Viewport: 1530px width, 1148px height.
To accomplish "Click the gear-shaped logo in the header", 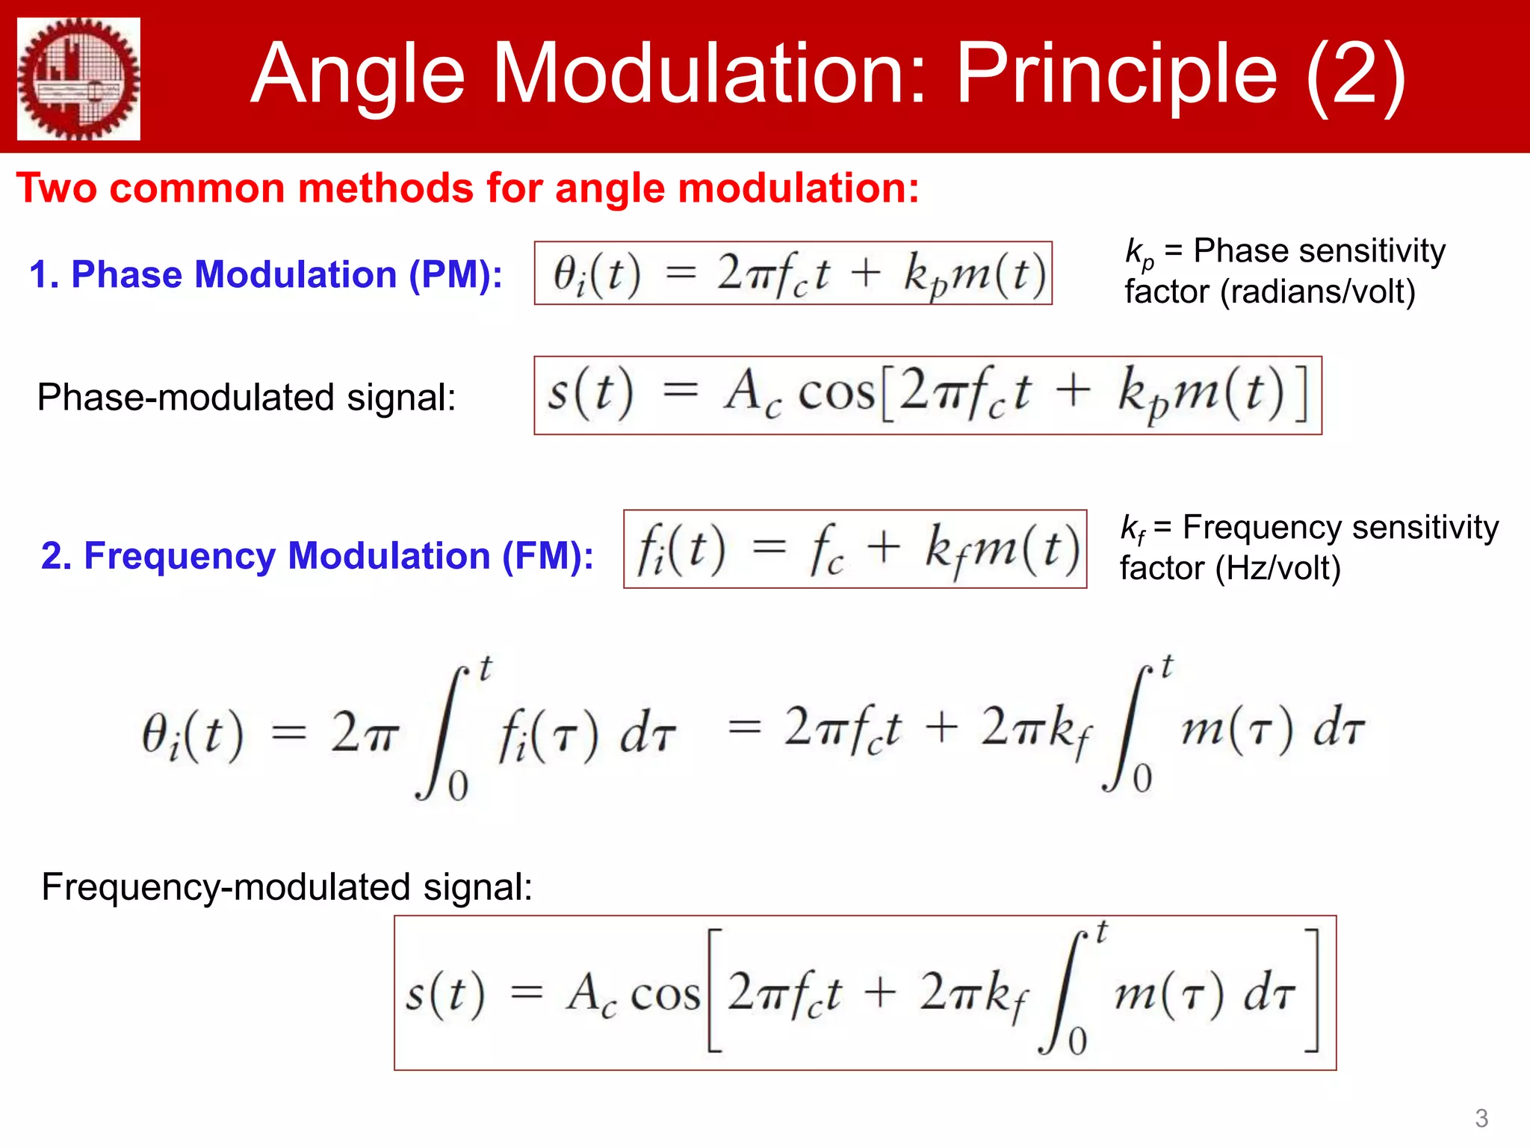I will click(78, 78).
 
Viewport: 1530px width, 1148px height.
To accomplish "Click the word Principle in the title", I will click(1117, 75).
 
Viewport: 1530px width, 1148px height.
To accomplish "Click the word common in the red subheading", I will click(198, 188).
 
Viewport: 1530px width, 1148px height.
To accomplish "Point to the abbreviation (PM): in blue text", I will click(456, 274).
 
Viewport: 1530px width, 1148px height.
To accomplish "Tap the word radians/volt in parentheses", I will click(1319, 291).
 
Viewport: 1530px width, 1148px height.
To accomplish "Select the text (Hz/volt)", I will click(1278, 569).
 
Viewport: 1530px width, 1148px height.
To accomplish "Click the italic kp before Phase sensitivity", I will click(1139, 253).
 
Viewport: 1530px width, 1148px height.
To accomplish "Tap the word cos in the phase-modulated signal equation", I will click(836, 393).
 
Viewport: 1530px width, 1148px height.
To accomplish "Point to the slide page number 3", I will click(1481, 1118).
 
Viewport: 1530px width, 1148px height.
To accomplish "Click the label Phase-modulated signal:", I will click(247, 397).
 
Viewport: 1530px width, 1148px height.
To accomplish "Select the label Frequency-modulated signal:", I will click(287, 887).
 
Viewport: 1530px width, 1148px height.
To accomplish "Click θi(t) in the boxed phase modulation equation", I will click(596, 274).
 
